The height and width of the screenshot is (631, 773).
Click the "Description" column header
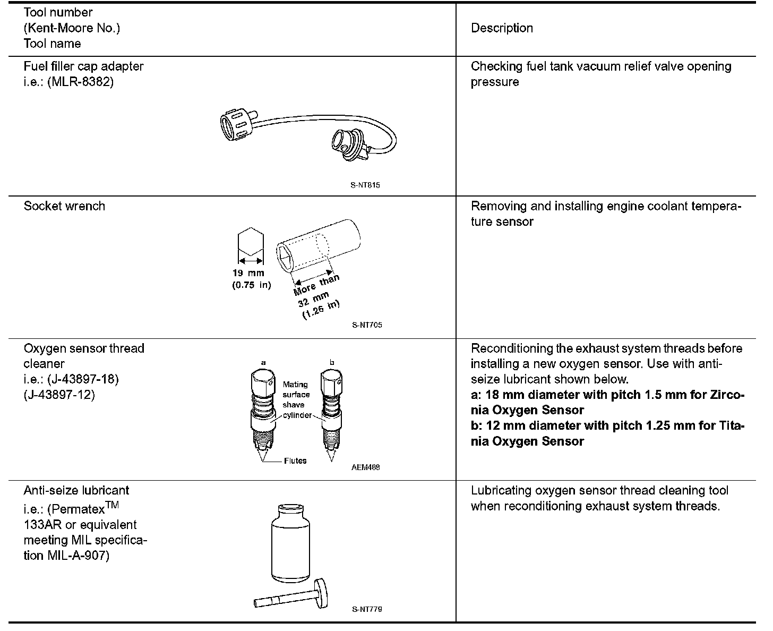(x=502, y=28)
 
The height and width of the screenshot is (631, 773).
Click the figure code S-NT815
(x=365, y=185)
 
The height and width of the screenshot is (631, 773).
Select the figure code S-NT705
(x=366, y=325)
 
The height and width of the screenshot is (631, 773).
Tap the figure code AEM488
(x=365, y=467)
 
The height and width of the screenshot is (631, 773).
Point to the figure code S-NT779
(x=366, y=609)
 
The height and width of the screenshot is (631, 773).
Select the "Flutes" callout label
(x=295, y=461)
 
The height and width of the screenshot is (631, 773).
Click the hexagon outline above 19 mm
(x=251, y=242)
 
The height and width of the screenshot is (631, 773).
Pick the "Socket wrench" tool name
(x=64, y=206)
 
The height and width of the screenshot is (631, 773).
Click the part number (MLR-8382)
(x=80, y=82)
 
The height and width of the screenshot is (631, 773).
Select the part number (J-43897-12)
(x=59, y=395)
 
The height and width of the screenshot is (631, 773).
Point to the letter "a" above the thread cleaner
(x=263, y=363)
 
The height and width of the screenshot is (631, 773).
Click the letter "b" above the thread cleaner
(x=332, y=363)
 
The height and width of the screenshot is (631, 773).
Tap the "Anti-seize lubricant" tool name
(x=76, y=490)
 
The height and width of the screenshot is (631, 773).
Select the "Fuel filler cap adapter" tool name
(x=83, y=66)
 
